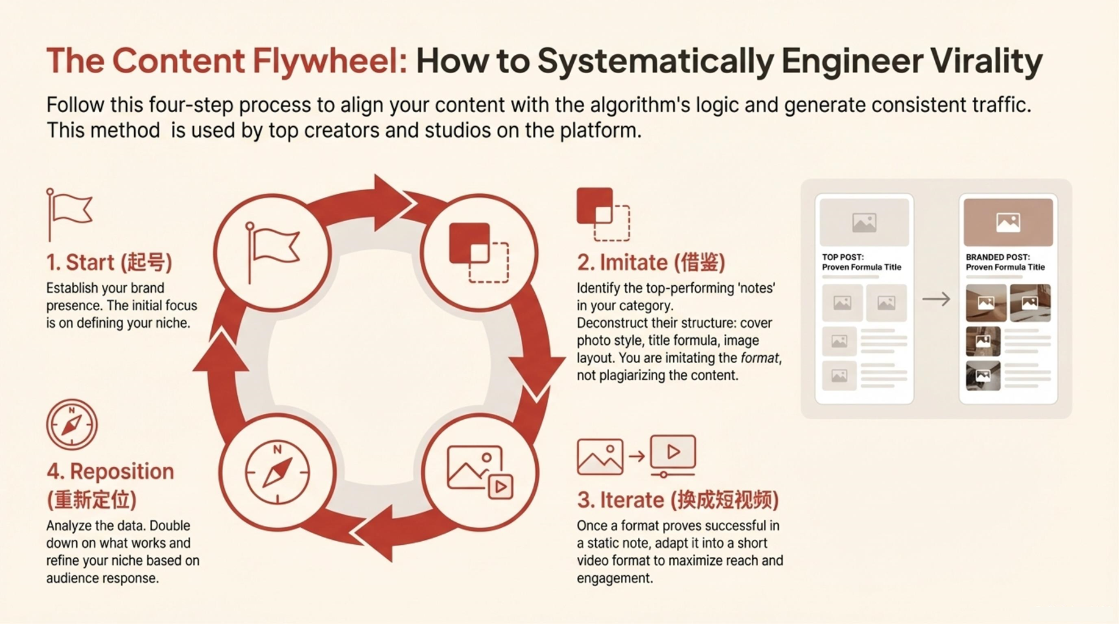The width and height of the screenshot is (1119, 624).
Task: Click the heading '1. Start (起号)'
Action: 109,263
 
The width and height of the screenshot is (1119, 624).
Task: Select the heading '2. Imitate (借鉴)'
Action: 651,263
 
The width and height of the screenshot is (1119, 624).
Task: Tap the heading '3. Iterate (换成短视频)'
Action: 677,500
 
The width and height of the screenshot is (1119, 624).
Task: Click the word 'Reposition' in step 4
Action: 121,472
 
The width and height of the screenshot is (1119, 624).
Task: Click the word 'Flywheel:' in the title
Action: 329,61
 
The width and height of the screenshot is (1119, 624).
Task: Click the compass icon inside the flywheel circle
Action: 277,472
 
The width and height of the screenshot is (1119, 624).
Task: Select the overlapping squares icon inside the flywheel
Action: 479,252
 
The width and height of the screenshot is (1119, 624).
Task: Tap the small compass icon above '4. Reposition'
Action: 72,425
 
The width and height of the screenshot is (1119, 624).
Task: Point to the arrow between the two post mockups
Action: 936,299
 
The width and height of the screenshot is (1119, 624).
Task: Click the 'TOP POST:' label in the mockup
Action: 843,257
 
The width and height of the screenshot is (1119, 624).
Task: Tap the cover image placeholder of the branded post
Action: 1008,222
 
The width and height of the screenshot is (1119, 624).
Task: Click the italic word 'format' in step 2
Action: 759,358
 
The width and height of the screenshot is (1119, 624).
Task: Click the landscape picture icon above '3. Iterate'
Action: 600,456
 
